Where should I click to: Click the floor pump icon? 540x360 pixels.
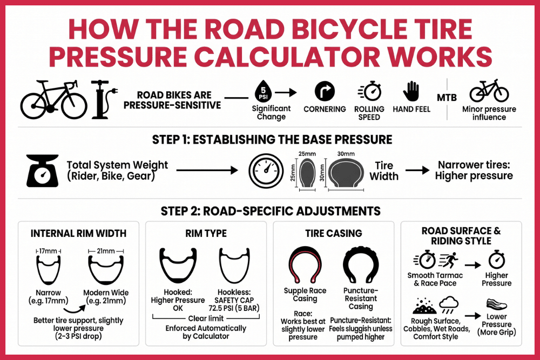pos(103,100)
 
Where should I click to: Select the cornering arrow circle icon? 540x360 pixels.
pos(325,91)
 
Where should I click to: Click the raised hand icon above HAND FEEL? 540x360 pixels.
pos(411,91)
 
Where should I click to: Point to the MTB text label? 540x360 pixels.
pos(447,98)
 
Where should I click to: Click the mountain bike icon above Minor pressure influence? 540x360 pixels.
pos(489,91)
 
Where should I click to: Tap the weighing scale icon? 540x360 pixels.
pos(42,170)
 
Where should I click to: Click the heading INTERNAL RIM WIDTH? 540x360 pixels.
pos(78,234)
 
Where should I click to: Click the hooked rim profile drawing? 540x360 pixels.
pos(178,268)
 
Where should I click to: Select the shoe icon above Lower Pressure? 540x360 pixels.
pos(497,304)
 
